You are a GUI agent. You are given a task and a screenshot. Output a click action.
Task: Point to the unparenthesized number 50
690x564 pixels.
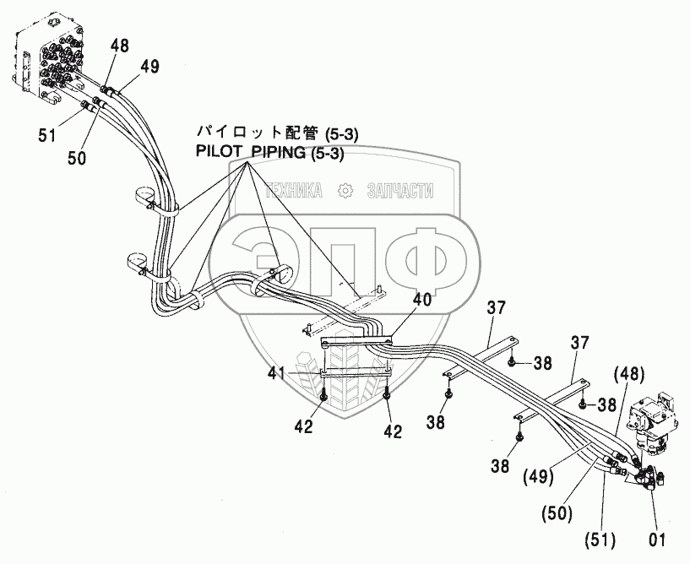click(x=78, y=157)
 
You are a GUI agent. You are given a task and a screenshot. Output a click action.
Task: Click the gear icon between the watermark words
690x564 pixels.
click(x=344, y=191)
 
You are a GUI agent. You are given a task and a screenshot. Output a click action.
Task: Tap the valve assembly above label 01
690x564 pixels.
click(x=656, y=418)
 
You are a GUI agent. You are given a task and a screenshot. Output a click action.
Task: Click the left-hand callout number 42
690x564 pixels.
click(x=304, y=427)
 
